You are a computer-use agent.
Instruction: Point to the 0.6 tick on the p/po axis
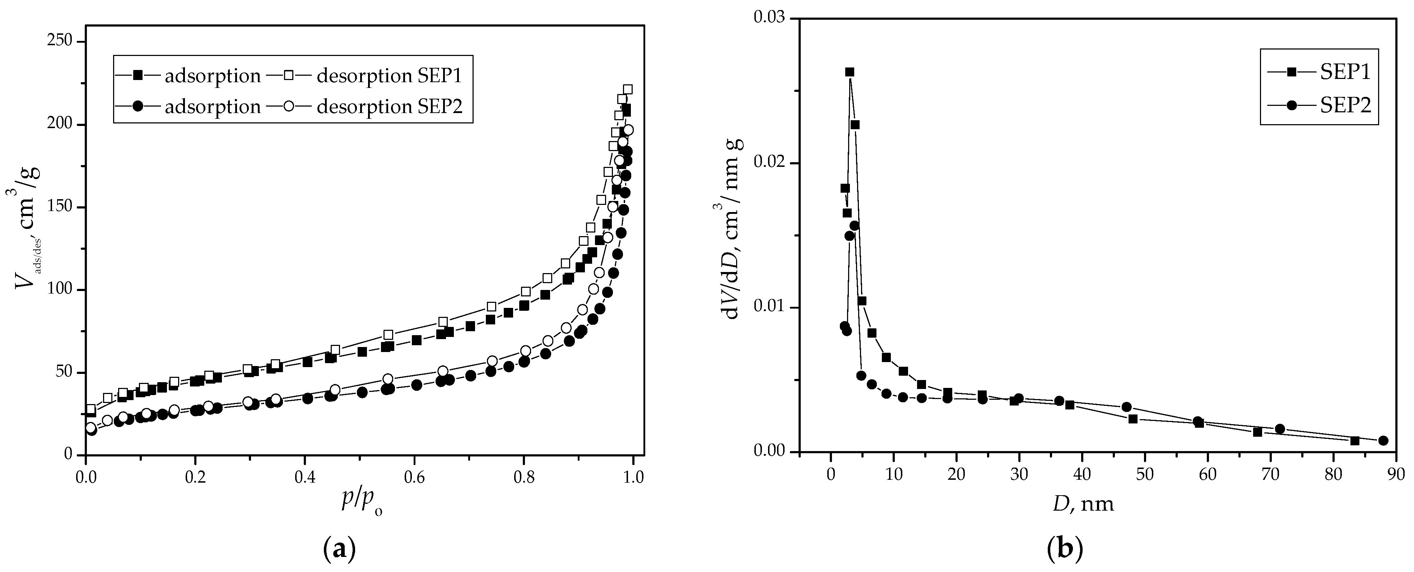[414, 455]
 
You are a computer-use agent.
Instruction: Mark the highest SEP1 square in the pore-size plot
[849, 72]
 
